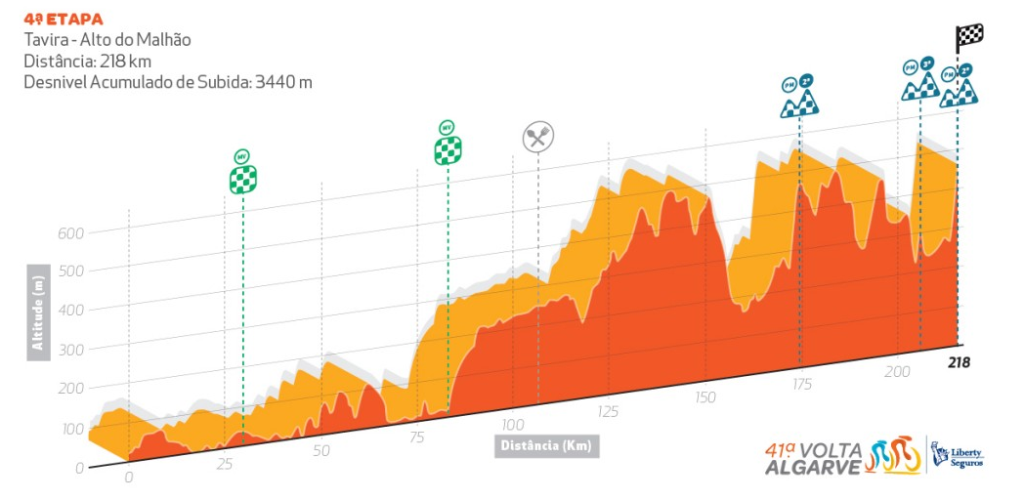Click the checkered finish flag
pyautogui.click(x=969, y=38)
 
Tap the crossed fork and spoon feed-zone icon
pyautogui.click(x=537, y=137)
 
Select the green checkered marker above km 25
pyautogui.click(x=242, y=179)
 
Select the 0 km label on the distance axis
pyautogui.click(x=128, y=478)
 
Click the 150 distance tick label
pyautogui.click(x=704, y=396)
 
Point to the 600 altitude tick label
pyautogui.click(x=71, y=232)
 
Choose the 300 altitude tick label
pyautogui.click(x=71, y=349)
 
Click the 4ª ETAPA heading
pyautogui.click(x=64, y=19)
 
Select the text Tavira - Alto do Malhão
pyautogui.click(x=107, y=40)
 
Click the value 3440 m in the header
pyautogui.click(x=281, y=82)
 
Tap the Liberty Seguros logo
pyautogui.click(x=957, y=455)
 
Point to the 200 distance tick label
pyautogui.click(x=897, y=372)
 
